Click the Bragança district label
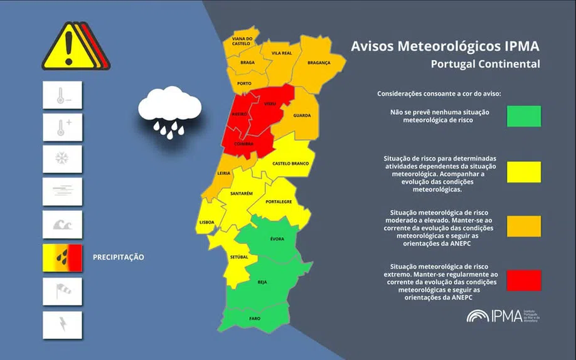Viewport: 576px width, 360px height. click(319, 63)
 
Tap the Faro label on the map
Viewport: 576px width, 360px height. click(254, 318)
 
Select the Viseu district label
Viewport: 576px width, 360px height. click(270, 103)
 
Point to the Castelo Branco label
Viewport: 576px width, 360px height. click(291, 164)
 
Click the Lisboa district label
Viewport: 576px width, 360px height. click(206, 222)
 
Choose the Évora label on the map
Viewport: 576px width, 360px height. click(277, 239)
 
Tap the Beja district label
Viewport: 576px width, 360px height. click(262, 282)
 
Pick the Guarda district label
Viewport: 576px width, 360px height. click(302, 115)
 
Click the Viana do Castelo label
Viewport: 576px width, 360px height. click(242, 41)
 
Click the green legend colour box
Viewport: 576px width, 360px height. click(524, 116)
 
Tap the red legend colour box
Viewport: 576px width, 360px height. click(524, 280)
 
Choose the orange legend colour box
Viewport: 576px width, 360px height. click(524, 226)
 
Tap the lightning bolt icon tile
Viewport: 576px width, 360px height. click(62, 325)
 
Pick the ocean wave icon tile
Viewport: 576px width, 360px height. click(62, 225)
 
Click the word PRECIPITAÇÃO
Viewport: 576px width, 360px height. click(119, 257)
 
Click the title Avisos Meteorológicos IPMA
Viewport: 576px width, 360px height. click(445, 46)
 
